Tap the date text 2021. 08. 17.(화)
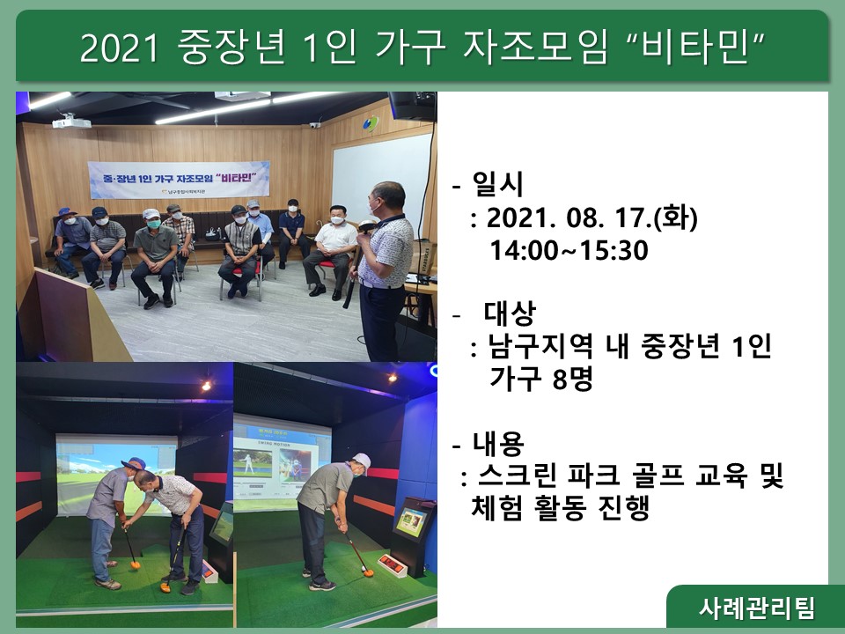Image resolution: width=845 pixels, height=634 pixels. (591, 218)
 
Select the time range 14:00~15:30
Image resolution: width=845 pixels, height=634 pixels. (569, 251)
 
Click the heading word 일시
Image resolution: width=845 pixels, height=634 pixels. (497, 184)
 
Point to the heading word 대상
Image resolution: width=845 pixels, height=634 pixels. (510, 313)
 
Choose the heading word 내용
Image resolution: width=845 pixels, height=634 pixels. (498, 443)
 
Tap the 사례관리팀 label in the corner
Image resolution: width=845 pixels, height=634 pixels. (757, 608)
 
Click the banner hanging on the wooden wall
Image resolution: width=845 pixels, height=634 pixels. (179, 180)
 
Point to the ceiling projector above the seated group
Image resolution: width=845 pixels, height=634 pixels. (71, 122)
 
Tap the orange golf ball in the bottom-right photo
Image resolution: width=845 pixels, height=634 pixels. (369, 572)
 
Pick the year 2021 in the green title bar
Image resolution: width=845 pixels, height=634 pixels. (119, 47)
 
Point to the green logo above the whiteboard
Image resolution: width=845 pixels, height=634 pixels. (371, 123)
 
